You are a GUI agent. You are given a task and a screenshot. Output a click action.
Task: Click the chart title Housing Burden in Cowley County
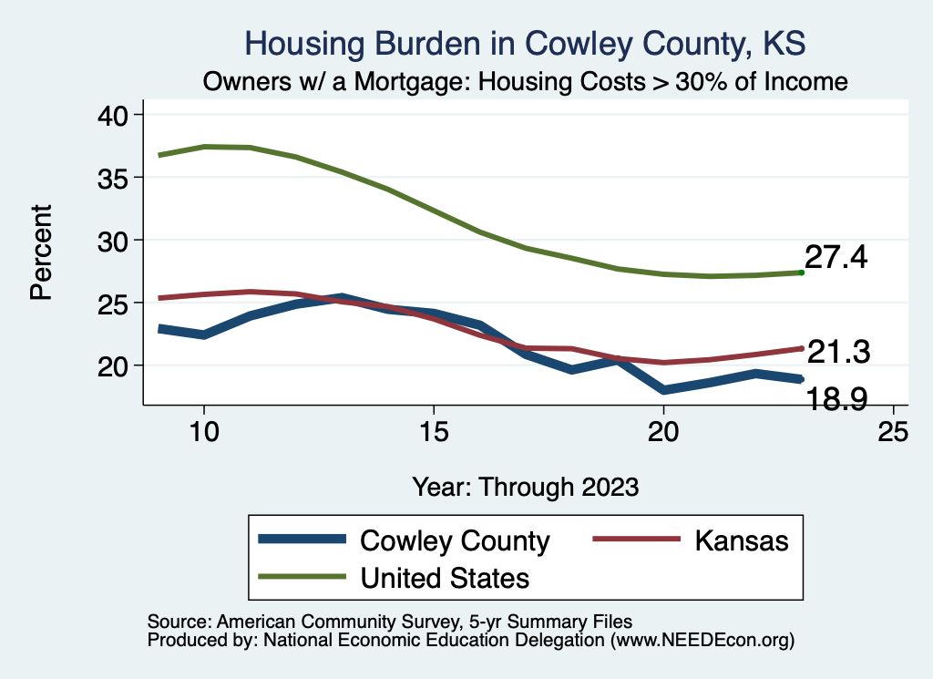(526, 44)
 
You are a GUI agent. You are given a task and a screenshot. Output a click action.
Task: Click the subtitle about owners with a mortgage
(526, 82)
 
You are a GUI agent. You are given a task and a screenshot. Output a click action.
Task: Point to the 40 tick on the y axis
(115, 115)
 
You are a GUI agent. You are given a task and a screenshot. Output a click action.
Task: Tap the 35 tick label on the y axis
(115, 178)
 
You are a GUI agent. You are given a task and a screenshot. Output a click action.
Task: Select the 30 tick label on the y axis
(115, 241)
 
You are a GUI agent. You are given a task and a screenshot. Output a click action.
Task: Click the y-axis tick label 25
(115, 303)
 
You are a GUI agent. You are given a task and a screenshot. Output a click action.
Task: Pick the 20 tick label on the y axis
(115, 365)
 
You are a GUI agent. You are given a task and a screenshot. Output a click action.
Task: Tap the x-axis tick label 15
(434, 431)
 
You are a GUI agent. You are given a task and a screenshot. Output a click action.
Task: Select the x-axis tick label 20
(663, 431)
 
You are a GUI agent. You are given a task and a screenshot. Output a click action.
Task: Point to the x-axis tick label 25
(893, 431)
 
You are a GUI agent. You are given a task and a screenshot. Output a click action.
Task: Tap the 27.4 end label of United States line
(836, 258)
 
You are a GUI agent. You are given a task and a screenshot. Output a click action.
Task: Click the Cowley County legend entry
(455, 540)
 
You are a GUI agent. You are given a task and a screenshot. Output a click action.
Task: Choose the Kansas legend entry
(741, 540)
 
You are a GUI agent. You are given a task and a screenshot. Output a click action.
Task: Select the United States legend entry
(445, 577)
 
